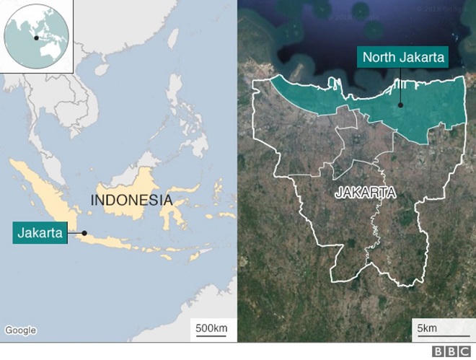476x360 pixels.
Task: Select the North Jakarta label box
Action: point(404,58)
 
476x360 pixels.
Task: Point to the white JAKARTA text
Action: point(366,193)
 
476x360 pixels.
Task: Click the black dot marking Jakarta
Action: point(84,232)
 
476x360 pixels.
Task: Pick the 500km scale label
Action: point(211,329)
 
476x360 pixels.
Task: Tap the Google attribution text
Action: point(20,330)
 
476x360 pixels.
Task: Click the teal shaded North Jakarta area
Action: point(426,115)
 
